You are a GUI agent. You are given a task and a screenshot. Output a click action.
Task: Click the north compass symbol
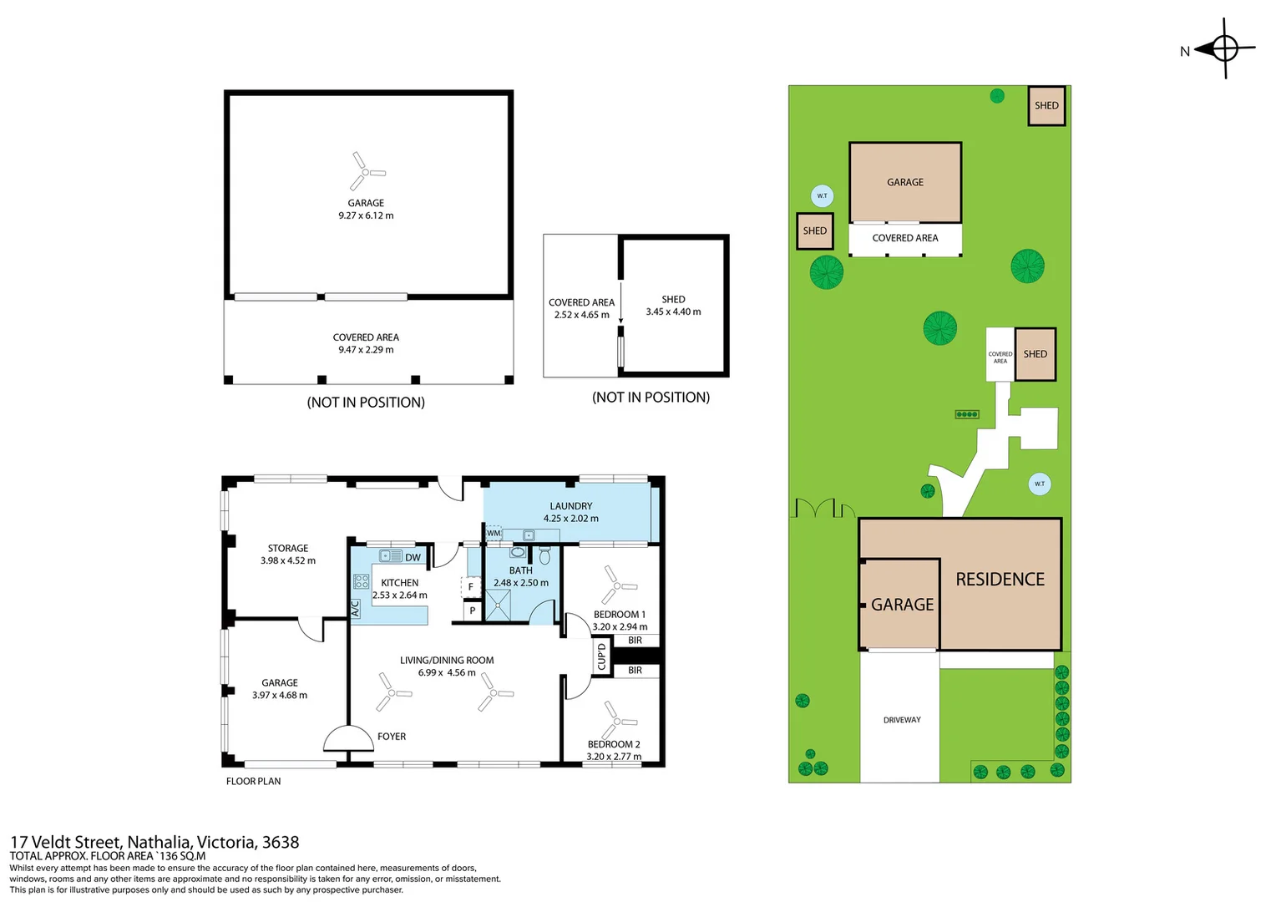coord(1225,49)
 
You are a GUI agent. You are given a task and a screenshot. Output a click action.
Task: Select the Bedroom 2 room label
coord(614,744)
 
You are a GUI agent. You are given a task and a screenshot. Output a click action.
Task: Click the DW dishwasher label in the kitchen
coord(413,557)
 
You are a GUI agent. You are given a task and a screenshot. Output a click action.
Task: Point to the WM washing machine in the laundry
coord(494,534)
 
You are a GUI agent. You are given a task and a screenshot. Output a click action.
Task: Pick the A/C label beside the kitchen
coord(356,609)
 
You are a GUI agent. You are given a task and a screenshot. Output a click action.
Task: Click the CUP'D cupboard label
coord(601,656)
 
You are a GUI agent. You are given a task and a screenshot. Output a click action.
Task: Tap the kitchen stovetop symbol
coord(361,581)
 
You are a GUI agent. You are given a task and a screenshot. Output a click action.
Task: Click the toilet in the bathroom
coord(544,555)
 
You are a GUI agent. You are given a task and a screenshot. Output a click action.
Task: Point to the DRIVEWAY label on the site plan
coord(902,720)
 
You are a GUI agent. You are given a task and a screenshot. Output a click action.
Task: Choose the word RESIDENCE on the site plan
coord(1000,580)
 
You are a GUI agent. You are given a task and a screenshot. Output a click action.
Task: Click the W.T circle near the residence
coord(1040,484)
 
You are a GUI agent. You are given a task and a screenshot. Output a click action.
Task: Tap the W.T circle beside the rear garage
coord(822,196)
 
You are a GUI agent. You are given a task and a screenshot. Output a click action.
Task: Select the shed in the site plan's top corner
coord(1046,105)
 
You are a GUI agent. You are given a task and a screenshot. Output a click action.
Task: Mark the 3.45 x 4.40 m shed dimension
coord(673,312)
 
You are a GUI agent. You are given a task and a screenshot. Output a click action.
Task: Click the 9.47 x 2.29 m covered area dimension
coord(366,350)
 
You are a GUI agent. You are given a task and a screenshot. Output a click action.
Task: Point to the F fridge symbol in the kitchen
coord(470,587)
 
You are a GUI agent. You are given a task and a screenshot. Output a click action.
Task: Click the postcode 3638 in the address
coord(281,842)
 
